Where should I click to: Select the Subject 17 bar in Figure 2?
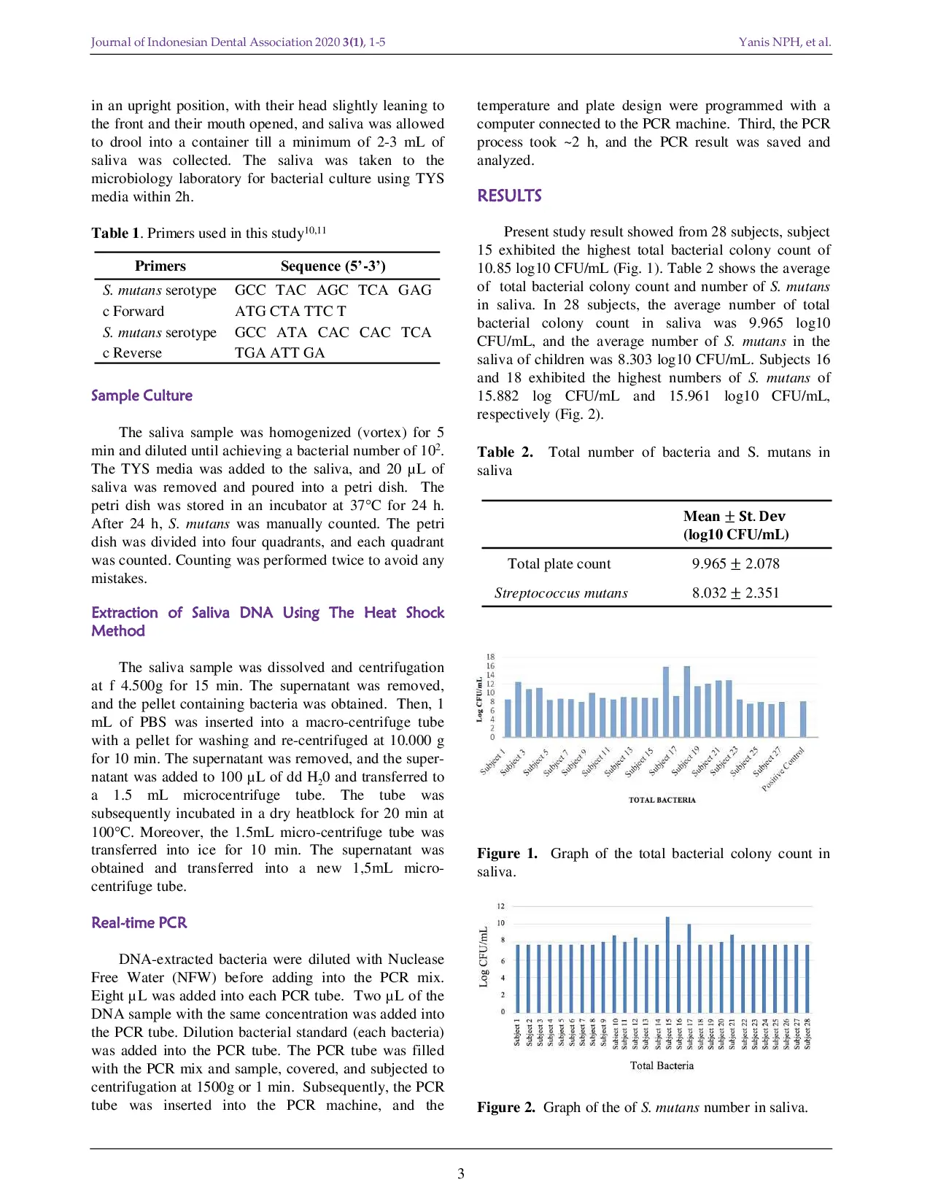pyautogui.click(x=689, y=970)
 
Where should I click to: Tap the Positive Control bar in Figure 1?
pyautogui.click(x=803, y=719)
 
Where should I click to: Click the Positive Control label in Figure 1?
pyautogui.click(x=783, y=769)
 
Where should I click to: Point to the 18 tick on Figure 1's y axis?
pyautogui.click(x=490, y=657)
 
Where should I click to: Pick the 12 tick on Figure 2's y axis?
pyautogui.click(x=501, y=906)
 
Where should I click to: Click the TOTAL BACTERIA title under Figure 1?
pyautogui.click(x=662, y=800)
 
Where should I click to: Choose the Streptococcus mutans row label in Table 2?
pyautogui.click(x=561, y=593)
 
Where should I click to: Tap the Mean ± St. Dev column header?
pyautogui.click(x=735, y=525)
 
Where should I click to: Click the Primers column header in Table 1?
pyautogui.click(x=160, y=266)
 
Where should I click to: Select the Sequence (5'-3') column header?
pyautogui.click(x=333, y=266)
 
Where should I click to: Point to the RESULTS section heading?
pyautogui.click(x=509, y=196)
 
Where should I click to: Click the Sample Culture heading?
pyautogui.click(x=142, y=395)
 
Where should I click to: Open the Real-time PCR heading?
pyautogui.click(x=139, y=923)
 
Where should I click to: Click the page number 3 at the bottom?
pyautogui.click(x=461, y=1173)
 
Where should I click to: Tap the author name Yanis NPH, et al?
pyautogui.click(x=784, y=42)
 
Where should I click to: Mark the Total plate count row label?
pyautogui.click(x=559, y=563)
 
